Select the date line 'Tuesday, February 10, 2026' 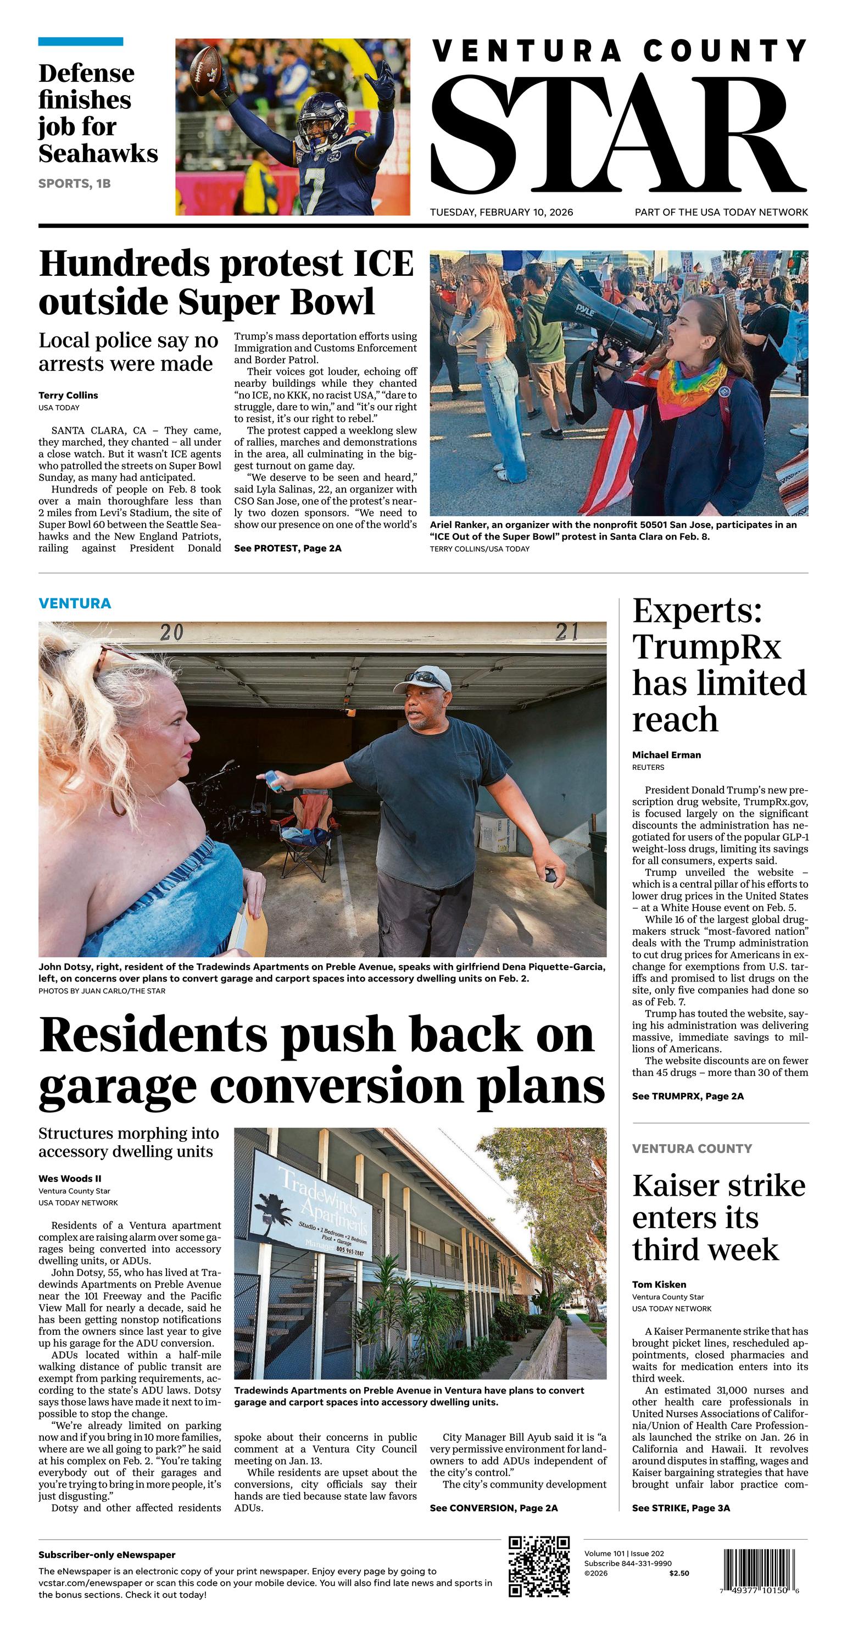[x=501, y=212]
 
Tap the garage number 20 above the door [x=171, y=632]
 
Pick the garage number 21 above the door [x=567, y=632]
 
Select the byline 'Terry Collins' [x=68, y=395]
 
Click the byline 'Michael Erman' [x=666, y=755]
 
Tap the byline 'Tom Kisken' [x=659, y=1284]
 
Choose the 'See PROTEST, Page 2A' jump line [x=287, y=548]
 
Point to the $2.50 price [x=678, y=1573]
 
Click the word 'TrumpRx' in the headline [x=706, y=647]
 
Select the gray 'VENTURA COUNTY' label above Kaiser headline [x=692, y=1148]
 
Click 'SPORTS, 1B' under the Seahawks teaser [x=74, y=184]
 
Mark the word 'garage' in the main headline [x=118, y=1087]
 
